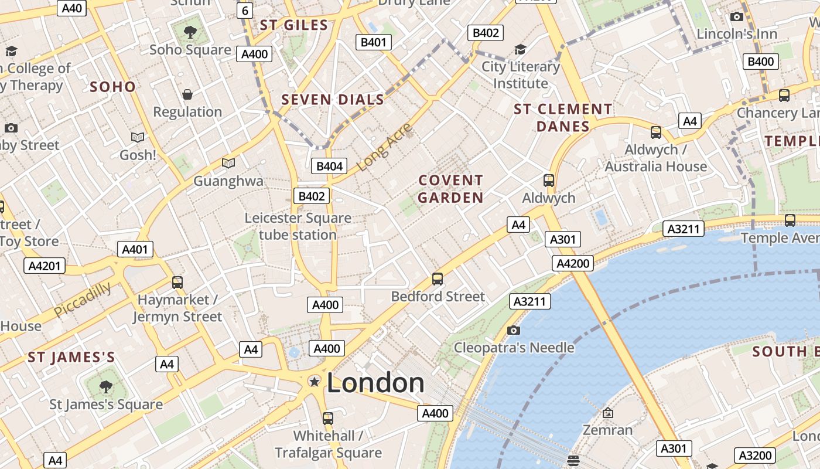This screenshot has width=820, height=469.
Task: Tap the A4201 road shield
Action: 45,266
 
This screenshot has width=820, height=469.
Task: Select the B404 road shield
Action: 329,166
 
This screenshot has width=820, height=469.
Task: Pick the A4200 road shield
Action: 572,263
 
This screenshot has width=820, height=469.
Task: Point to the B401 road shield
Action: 373,42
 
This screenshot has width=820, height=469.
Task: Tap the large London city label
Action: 375,383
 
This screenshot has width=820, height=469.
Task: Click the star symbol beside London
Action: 315,382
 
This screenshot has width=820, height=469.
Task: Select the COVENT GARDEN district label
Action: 450,189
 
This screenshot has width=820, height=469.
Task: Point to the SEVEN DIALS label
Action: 333,100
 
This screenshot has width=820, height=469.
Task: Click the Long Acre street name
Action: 384,147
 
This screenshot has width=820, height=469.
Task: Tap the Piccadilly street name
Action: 82,300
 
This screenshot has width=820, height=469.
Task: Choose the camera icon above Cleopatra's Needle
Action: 514,331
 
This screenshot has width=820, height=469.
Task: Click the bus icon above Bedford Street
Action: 438,279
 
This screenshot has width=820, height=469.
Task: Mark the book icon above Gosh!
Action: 138,137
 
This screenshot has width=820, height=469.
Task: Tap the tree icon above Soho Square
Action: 190,32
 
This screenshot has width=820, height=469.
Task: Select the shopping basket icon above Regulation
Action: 187,94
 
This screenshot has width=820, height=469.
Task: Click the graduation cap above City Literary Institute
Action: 520,49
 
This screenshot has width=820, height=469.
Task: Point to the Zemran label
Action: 608,430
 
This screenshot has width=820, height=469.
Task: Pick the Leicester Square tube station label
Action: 298,226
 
